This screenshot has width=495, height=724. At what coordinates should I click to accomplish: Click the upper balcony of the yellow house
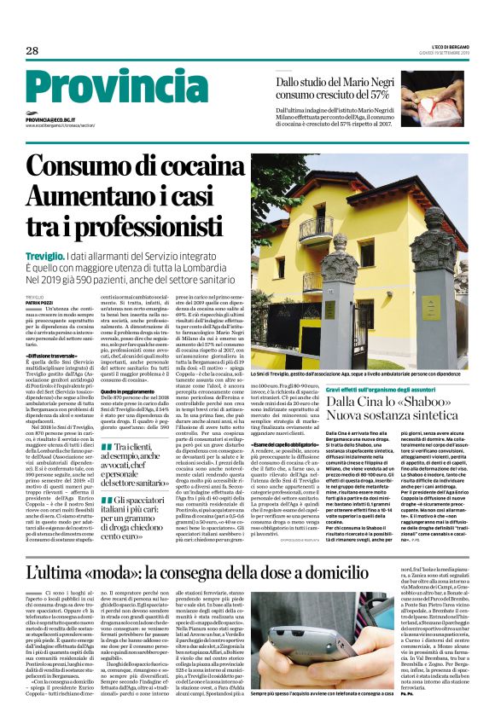point(316,229)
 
